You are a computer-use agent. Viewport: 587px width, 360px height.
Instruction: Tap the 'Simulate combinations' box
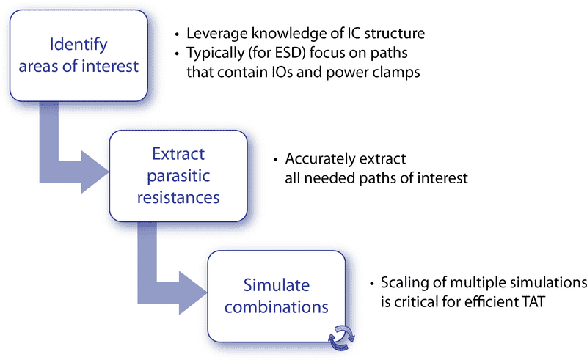[277, 295]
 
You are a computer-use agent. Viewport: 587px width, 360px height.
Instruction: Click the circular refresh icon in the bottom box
[340, 334]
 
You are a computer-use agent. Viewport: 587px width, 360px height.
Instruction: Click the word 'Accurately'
[317, 159]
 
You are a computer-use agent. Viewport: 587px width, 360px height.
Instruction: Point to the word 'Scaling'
[404, 283]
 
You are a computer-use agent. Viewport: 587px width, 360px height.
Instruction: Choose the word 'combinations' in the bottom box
[277, 305]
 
